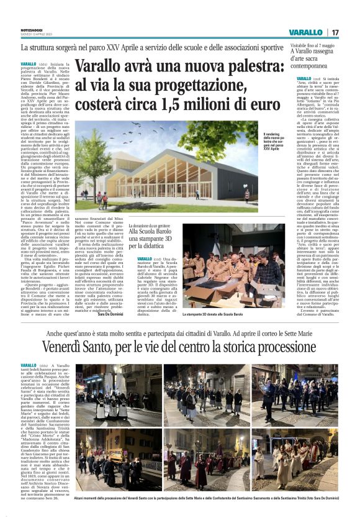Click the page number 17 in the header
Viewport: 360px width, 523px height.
click(x=335, y=32)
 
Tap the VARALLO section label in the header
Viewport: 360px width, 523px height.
click(x=305, y=32)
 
